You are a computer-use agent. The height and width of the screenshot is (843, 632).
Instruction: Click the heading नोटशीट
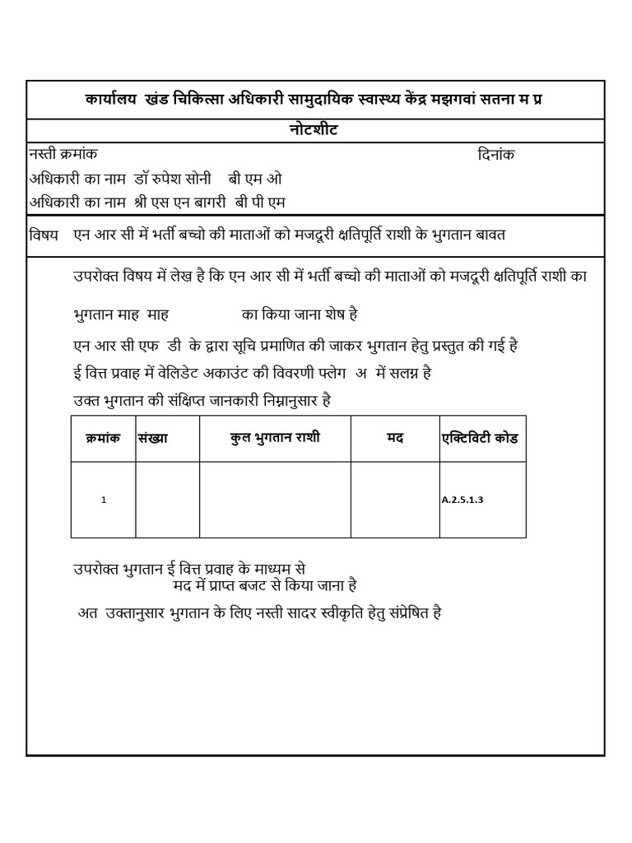315,131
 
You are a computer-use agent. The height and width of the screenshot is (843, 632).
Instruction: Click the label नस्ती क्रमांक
63,154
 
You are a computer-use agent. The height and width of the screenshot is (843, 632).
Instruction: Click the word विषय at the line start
44,235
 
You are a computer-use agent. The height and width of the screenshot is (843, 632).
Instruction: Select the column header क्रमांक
103,439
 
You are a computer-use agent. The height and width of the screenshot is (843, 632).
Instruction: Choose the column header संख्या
153,439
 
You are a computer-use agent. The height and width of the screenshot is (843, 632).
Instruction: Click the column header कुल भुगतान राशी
275,439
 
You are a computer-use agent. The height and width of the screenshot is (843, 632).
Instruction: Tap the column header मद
395,439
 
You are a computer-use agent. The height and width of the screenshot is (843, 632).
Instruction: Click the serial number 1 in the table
103,500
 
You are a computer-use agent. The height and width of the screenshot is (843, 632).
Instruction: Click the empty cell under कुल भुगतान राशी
275,500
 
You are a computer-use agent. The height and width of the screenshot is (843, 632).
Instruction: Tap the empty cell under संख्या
167,500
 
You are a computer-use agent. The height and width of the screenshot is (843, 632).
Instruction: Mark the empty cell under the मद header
395,500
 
